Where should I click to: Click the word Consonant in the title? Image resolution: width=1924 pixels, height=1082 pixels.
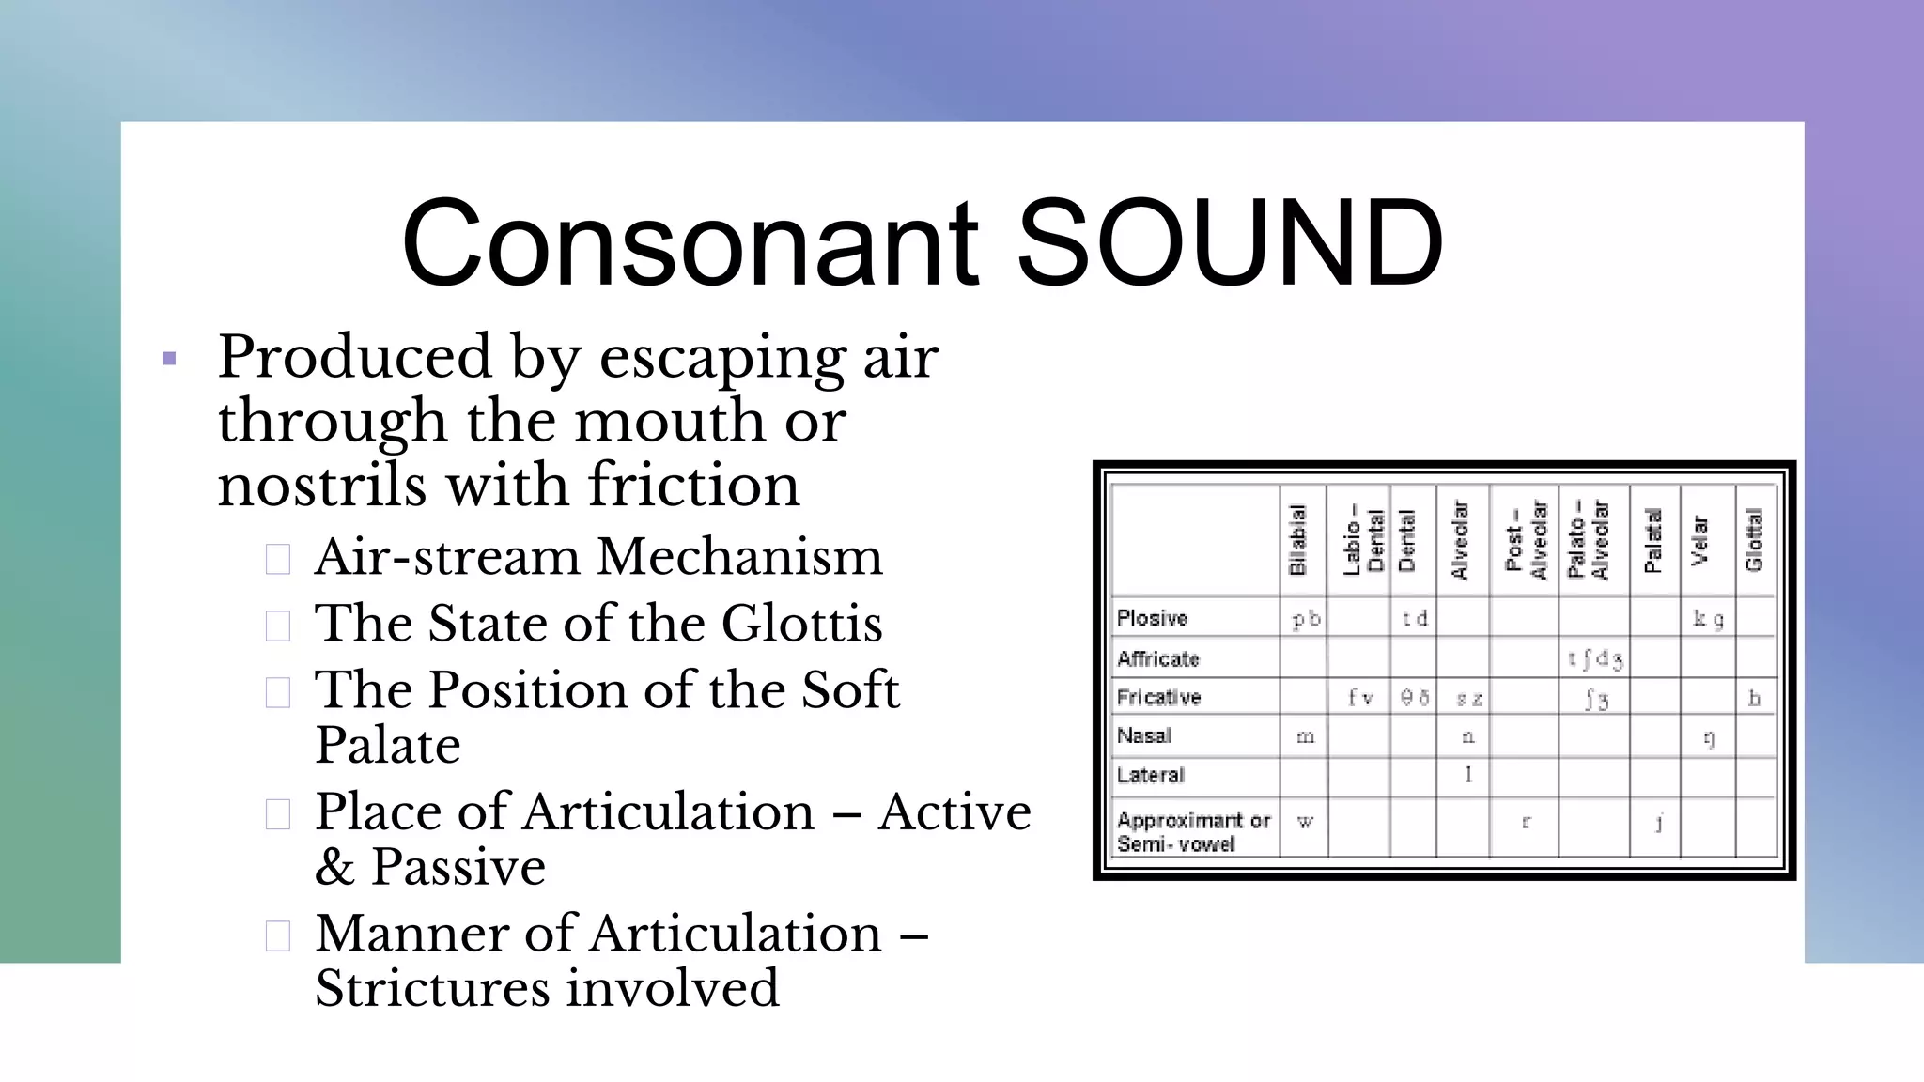690,242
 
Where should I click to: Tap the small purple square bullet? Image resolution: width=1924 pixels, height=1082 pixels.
169,359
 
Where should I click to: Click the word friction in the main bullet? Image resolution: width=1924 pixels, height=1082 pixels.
694,486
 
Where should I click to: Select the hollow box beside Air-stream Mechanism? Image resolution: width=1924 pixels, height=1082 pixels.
278,559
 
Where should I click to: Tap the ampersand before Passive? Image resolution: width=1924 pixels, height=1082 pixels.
334,867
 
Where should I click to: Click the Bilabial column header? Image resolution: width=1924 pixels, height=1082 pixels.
1297,540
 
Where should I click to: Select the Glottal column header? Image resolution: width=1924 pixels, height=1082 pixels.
1753,540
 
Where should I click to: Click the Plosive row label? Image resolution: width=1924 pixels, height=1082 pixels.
1153,619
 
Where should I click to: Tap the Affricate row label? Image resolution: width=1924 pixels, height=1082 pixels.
1158,659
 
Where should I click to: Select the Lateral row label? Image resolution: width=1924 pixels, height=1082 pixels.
1151,776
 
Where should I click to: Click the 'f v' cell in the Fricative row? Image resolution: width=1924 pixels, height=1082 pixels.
1360,698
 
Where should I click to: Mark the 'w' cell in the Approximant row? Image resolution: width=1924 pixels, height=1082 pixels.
1305,822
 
